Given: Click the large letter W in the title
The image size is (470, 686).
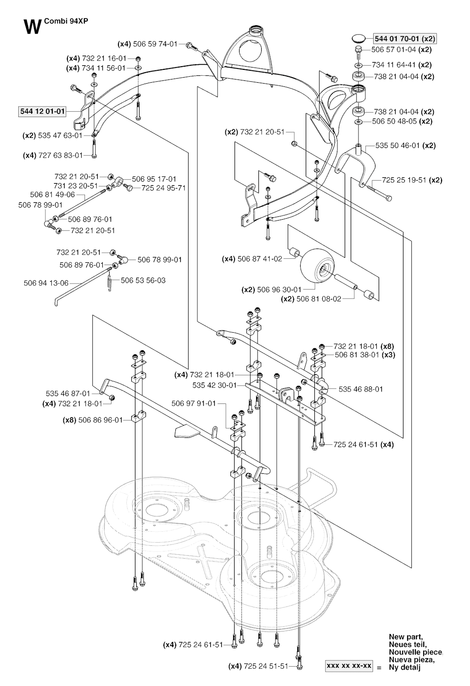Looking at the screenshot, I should [32, 27].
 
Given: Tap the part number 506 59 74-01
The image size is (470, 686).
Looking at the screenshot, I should [155, 44].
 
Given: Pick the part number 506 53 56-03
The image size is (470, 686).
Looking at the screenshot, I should [143, 280].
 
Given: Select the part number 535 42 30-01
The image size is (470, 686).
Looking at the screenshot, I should [214, 386].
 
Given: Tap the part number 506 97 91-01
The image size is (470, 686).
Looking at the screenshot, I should [193, 403].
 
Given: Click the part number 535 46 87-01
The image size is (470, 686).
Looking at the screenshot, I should [68, 393].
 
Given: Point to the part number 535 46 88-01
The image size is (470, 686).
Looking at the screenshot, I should [361, 389].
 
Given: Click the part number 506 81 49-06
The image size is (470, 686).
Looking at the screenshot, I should [52, 194].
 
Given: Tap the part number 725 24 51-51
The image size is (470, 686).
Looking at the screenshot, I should [266, 666].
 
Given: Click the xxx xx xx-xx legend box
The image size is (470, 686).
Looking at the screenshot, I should [349, 666].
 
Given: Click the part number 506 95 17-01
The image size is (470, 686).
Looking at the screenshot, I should [154, 179].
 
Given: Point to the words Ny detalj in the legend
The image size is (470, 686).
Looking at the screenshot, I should [404, 667].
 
